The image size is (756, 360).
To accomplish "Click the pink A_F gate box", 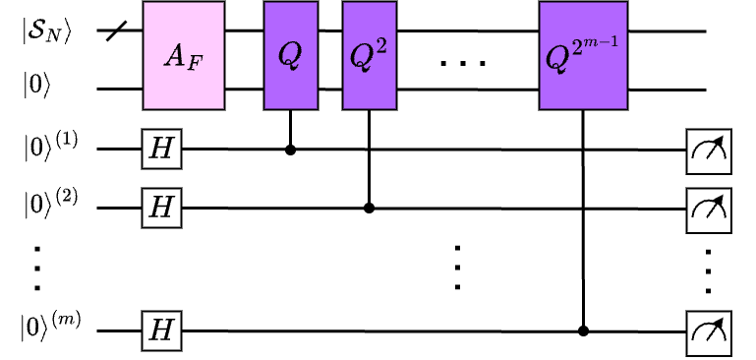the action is [x=184, y=55].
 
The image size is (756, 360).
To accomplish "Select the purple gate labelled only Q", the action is [x=290, y=55].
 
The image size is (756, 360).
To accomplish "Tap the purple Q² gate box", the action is [x=369, y=55].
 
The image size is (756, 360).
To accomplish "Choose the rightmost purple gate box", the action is [x=583, y=55].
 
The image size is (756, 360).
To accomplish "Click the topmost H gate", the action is [x=161, y=150].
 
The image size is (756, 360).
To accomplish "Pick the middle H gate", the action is [x=161, y=208].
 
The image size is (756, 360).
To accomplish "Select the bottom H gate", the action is [x=161, y=330].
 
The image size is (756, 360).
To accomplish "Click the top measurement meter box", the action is [x=708, y=151].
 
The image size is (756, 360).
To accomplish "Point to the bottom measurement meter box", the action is [x=708, y=333].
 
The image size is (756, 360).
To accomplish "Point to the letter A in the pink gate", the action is [x=175, y=56].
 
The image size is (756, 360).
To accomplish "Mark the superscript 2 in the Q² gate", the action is [x=381, y=47].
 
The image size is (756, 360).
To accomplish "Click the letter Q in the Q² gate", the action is [x=362, y=58].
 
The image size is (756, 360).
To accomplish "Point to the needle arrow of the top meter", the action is [x=716, y=147].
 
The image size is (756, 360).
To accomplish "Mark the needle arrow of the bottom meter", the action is [x=716, y=329].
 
